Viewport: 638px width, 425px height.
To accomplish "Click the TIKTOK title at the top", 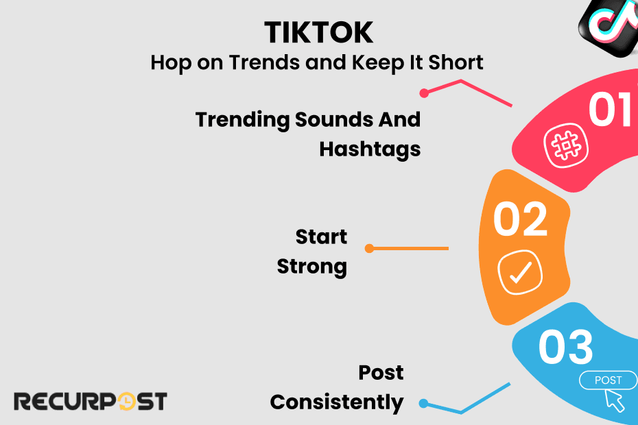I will coord(318,32).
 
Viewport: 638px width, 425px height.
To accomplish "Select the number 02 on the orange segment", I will coord(520,219).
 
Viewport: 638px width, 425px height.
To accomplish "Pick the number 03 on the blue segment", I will coord(565,348).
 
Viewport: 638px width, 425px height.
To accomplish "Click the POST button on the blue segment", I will coord(608,380).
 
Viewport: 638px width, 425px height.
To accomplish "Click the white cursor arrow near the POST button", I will coord(615,400).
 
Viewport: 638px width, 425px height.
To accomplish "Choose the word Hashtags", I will coord(370,149).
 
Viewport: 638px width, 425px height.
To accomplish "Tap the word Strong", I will coord(312,267).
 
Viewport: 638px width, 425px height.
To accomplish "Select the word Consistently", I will coord(337,402).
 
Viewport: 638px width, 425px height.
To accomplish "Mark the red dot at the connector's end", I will coord(424,93).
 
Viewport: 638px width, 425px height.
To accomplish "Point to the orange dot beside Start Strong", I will coord(369,249).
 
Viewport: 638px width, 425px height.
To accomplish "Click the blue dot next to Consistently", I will coord(423,403).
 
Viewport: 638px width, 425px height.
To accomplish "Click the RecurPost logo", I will coord(91,401).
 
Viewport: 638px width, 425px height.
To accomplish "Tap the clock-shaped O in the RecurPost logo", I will coord(126,402).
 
